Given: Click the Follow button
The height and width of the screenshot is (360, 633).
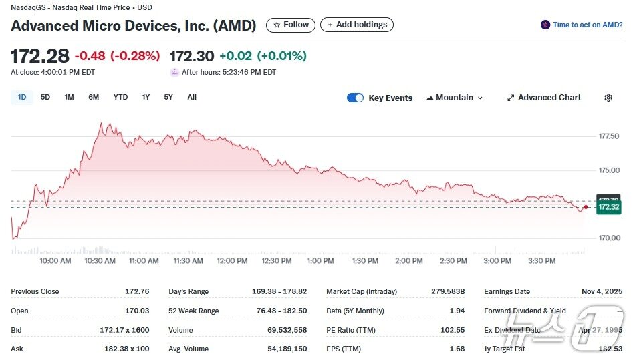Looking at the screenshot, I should (291, 25).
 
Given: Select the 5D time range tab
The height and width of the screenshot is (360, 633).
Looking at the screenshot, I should (45, 98).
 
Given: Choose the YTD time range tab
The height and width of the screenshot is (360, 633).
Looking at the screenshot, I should (120, 98).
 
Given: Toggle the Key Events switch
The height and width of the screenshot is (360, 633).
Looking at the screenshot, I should (355, 98).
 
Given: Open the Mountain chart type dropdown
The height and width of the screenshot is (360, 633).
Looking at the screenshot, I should (454, 98).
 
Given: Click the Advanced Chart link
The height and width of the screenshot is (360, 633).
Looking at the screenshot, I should (543, 98).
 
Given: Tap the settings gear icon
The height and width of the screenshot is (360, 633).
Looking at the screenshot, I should (608, 98).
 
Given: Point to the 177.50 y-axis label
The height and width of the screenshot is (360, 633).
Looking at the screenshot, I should (608, 136).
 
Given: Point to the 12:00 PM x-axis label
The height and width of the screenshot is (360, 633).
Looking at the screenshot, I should (232, 261).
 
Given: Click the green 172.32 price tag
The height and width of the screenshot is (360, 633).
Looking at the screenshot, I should (609, 208).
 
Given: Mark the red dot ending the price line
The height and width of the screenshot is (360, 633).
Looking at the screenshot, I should (586, 207).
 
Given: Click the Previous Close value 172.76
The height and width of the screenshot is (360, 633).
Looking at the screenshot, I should (137, 291).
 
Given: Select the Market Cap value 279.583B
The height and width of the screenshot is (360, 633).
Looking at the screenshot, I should (448, 291).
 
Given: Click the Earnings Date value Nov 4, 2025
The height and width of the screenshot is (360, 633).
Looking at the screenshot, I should (602, 291).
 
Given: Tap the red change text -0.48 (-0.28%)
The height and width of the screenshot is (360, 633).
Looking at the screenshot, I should (117, 56).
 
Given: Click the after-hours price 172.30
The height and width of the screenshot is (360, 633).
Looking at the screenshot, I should (192, 56).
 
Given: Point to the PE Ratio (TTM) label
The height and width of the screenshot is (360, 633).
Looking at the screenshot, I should (352, 330).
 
